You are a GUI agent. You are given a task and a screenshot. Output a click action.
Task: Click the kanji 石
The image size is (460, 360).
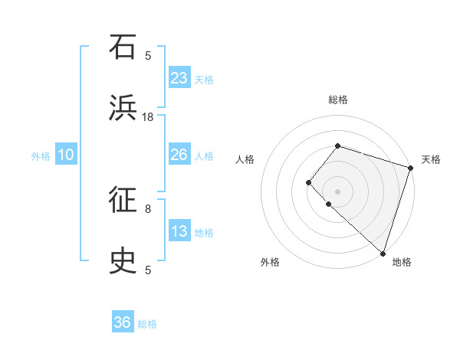click(123, 47)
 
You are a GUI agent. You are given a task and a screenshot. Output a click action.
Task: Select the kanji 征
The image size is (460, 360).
click(123, 201)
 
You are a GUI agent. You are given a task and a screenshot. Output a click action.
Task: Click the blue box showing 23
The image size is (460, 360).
click(179, 77)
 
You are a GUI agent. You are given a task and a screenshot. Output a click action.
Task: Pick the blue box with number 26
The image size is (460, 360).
click(179, 155)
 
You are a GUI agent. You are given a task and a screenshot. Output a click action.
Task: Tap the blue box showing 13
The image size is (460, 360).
click(179, 231)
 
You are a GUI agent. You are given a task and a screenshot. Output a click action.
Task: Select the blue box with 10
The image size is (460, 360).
click(66, 155)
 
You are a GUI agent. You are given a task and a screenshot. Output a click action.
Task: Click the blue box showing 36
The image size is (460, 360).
click(123, 322)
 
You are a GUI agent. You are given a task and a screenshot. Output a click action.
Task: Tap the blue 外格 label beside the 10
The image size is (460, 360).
click(41, 155)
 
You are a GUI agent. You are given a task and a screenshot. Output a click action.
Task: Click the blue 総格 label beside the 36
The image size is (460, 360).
click(147, 324)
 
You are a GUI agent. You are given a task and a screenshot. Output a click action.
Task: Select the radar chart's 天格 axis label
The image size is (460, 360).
click(431, 159)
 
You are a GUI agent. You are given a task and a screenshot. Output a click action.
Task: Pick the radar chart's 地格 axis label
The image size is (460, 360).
click(402, 263)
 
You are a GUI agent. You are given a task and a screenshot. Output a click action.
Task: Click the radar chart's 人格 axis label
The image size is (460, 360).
click(245, 159)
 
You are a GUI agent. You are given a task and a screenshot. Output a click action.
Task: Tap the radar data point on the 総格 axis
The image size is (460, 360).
click(337, 146)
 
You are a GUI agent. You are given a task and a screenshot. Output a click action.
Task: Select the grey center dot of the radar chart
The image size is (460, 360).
click(337, 191)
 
